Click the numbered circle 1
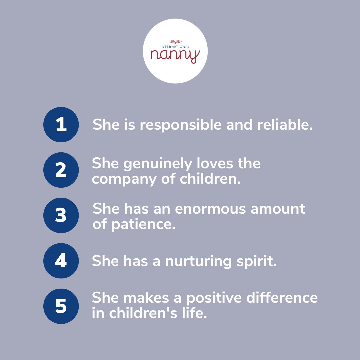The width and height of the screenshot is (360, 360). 61,125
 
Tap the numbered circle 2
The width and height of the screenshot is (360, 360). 61,170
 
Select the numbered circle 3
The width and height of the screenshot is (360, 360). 61,215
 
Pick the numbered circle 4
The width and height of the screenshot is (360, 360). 61,261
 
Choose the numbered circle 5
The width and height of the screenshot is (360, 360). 61,306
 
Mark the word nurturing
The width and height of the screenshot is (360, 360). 197,261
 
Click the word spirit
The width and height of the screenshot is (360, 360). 256,261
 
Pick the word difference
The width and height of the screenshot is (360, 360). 282,298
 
